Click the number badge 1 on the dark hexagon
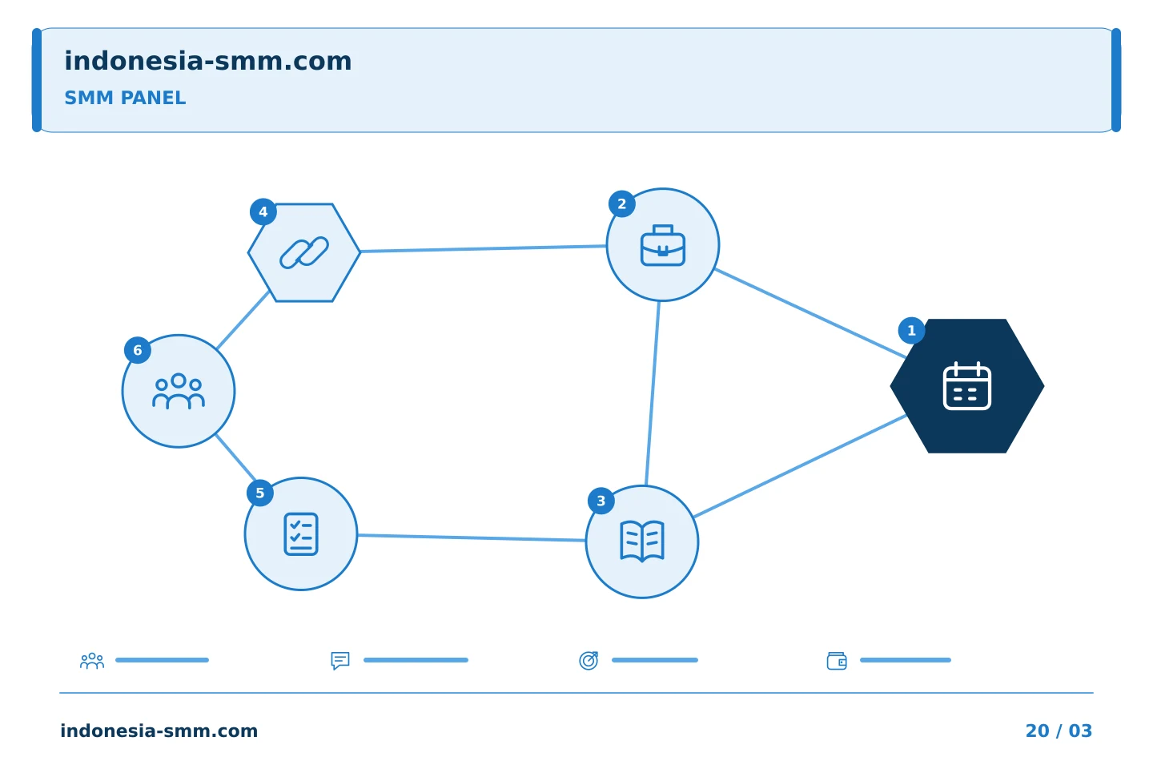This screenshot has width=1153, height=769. (x=911, y=331)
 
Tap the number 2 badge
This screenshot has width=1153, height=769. (x=622, y=204)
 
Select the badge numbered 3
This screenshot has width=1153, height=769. (x=601, y=501)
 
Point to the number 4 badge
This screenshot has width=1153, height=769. (x=263, y=211)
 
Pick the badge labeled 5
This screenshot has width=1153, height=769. (x=260, y=493)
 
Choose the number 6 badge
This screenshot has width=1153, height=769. (x=138, y=350)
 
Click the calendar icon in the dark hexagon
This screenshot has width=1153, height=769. (x=966, y=386)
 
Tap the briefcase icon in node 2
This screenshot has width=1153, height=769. (x=663, y=245)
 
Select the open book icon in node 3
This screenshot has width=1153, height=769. (x=642, y=541)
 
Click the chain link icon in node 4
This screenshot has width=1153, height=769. (x=304, y=252)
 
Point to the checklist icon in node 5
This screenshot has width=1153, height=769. (x=301, y=534)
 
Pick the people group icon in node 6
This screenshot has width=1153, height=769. (x=179, y=391)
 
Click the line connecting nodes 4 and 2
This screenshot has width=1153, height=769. (x=484, y=249)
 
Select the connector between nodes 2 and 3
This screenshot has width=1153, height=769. (x=653, y=393)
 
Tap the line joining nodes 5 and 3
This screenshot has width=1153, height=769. (x=472, y=537)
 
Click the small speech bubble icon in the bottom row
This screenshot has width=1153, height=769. (x=340, y=660)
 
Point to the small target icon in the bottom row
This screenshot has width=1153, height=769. (x=589, y=660)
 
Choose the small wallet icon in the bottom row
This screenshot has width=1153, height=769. (x=837, y=661)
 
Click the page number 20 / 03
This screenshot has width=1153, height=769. (x=1059, y=731)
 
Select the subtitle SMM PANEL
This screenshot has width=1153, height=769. (x=125, y=98)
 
